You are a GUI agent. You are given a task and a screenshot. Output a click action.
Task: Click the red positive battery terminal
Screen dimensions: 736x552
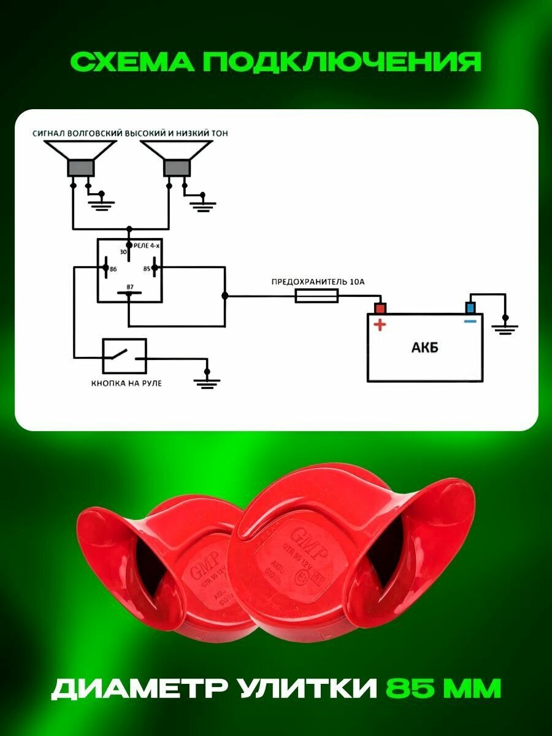(x=380, y=307)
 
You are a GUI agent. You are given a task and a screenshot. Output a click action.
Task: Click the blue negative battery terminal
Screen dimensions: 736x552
(x=470, y=307)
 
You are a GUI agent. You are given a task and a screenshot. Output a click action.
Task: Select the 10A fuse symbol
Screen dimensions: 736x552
(x=316, y=296)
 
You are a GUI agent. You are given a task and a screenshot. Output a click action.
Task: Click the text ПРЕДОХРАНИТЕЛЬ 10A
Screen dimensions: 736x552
(x=318, y=282)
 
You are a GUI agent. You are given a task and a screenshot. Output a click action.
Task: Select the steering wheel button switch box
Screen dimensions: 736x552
(x=125, y=356)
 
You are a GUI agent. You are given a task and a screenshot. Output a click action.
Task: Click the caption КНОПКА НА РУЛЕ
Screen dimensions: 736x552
(x=126, y=383)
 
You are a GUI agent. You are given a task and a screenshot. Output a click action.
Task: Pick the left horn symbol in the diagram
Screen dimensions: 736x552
(x=80, y=159)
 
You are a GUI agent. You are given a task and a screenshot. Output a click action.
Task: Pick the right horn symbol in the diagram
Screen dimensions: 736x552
(x=176, y=159)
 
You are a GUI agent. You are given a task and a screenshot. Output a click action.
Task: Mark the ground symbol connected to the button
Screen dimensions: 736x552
(x=207, y=381)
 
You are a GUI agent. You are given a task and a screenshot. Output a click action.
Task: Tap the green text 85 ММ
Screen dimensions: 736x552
(x=443, y=688)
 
